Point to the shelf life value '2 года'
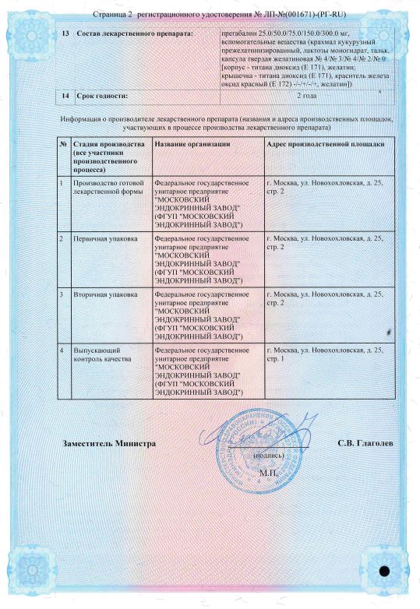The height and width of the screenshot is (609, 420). (308, 96)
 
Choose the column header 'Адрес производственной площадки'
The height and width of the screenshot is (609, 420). (325, 146)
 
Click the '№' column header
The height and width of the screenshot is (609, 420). (63, 146)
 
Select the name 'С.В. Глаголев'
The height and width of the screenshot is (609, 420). (365, 443)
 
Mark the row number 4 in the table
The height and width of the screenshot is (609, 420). (63, 352)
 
